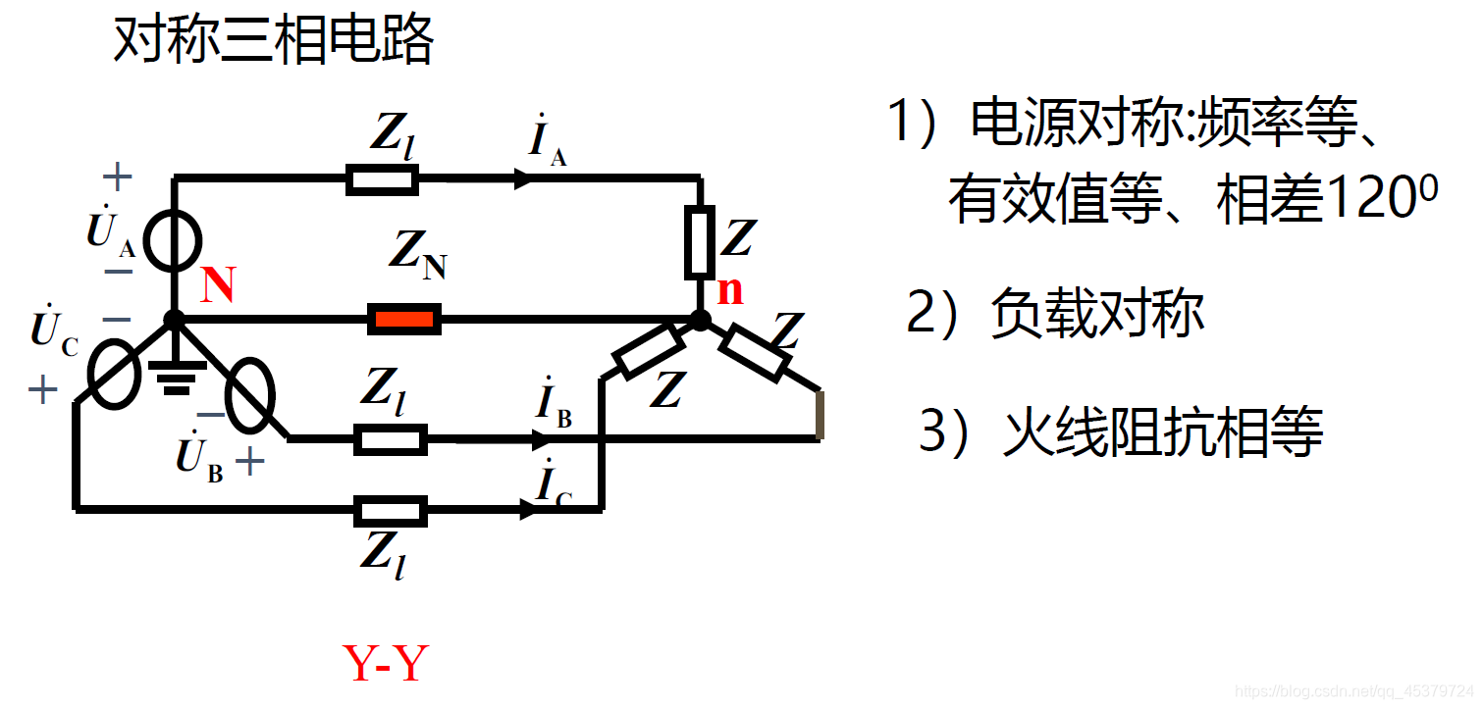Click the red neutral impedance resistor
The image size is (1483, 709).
[x=403, y=319]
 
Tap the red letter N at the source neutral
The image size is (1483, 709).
[x=218, y=285]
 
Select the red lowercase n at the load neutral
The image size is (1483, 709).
[x=729, y=290]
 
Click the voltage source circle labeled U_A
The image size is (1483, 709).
[x=173, y=239]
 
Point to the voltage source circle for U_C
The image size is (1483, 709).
[x=114, y=376]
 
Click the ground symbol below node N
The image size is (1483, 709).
[x=176, y=377]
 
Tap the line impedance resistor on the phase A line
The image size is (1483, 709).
[x=383, y=179]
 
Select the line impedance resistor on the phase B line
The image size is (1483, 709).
[x=391, y=439]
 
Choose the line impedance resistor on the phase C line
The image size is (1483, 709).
[x=391, y=510]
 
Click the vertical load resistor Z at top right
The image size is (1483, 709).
[x=699, y=241]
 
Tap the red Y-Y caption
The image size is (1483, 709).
[x=386, y=664]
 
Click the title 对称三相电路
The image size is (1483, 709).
[x=274, y=41]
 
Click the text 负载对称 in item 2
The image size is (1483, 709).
[x=1096, y=314]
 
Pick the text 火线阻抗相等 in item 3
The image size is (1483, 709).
[x=1163, y=430]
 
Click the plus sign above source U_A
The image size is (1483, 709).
[x=118, y=177]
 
